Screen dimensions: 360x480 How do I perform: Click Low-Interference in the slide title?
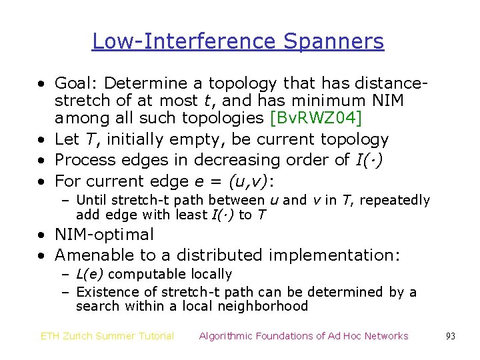tap(185, 41)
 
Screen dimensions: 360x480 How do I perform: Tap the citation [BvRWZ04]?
tap(315, 119)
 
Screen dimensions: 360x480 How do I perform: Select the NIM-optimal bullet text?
tap(104, 235)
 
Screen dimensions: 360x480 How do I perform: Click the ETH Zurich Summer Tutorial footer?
tap(107, 336)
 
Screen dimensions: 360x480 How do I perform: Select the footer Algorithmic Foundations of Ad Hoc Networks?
tap(303, 336)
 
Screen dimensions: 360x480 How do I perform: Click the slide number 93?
tap(451, 336)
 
